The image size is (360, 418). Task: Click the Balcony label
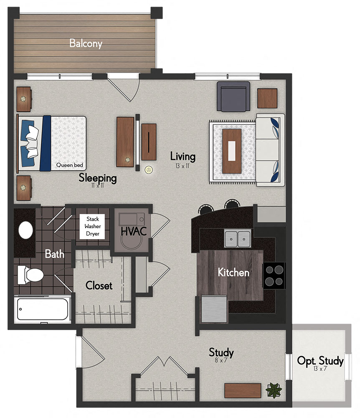click(x=86, y=43)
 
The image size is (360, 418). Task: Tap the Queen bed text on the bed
click(x=69, y=165)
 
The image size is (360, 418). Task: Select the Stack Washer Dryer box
click(x=92, y=226)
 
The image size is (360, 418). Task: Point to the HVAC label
click(x=133, y=231)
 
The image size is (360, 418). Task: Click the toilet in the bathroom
click(x=30, y=275)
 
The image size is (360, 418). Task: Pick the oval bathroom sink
click(x=26, y=230)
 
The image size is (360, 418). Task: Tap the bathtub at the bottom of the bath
click(x=42, y=309)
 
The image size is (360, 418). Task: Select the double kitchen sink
click(x=238, y=239)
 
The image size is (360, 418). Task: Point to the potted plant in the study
click(x=274, y=390)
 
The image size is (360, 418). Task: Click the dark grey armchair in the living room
click(x=233, y=96)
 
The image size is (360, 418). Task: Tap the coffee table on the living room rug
click(x=232, y=151)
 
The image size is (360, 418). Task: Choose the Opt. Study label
click(x=320, y=361)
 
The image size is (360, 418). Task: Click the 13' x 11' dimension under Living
click(x=183, y=166)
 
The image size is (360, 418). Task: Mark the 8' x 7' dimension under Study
click(x=221, y=360)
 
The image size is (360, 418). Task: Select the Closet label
click(x=99, y=285)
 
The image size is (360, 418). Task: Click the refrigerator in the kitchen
click(x=214, y=309)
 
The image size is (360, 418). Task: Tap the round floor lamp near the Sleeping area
click(x=149, y=170)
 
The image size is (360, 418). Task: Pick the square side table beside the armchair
click(x=267, y=98)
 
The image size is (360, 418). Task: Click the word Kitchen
click(x=233, y=273)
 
